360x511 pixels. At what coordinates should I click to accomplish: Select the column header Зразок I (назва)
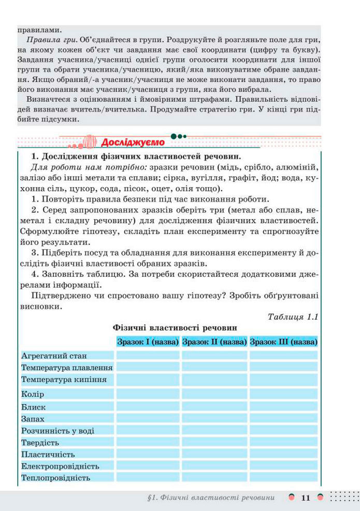pyautogui.click(x=148, y=342)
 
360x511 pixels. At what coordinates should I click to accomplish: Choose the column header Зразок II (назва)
pyautogui.click(x=214, y=342)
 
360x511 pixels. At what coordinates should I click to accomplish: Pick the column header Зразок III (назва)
pyautogui.click(x=283, y=342)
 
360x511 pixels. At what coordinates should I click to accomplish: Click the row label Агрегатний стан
pyautogui.click(x=54, y=356)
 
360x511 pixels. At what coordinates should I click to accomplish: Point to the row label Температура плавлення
pyautogui.click(x=67, y=367)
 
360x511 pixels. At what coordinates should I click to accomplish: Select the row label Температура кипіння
pyautogui.click(x=64, y=379)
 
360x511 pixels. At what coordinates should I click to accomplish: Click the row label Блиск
pyautogui.click(x=34, y=407)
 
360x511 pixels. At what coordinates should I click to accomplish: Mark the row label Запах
pyautogui.click(x=33, y=419)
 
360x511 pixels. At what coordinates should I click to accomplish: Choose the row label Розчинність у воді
pyautogui.click(x=58, y=431)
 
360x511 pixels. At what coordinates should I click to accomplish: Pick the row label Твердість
pyautogui.click(x=40, y=443)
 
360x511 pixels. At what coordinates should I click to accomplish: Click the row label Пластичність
pyautogui.click(x=48, y=455)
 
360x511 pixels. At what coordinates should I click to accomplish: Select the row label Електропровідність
pyautogui.click(x=60, y=466)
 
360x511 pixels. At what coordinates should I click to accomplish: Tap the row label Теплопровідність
pyautogui.click(x=56, y=478)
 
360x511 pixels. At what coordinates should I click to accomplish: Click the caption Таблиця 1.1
pyautogui.click(x=293, y=317)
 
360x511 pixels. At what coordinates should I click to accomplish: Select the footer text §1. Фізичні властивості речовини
pyautogui.click(x=211, y=498)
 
